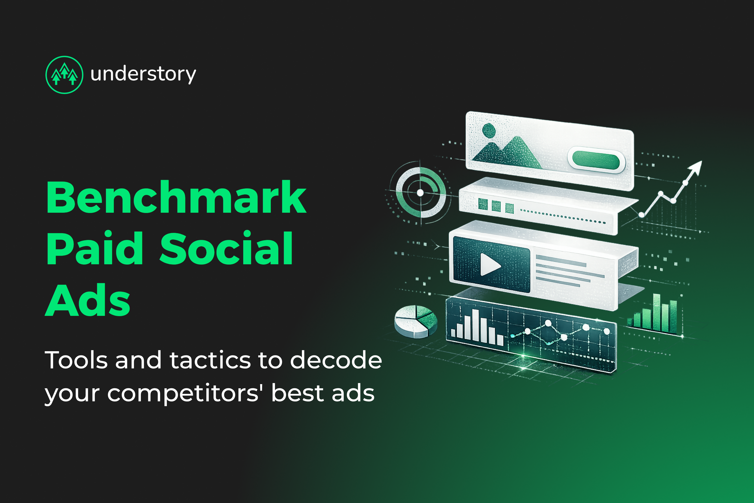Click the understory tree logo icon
65,75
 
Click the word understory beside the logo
143,74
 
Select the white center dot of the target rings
420,193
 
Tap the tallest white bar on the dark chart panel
475,325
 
